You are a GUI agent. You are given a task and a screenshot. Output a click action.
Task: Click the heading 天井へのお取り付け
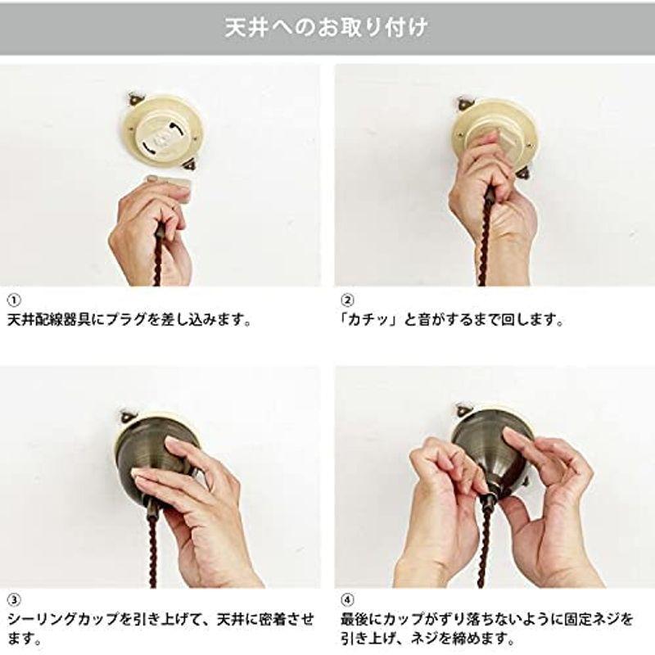327,28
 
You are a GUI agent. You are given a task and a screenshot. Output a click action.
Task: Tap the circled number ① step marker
14,300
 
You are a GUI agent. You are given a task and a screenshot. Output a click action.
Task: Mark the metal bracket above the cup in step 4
464,409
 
